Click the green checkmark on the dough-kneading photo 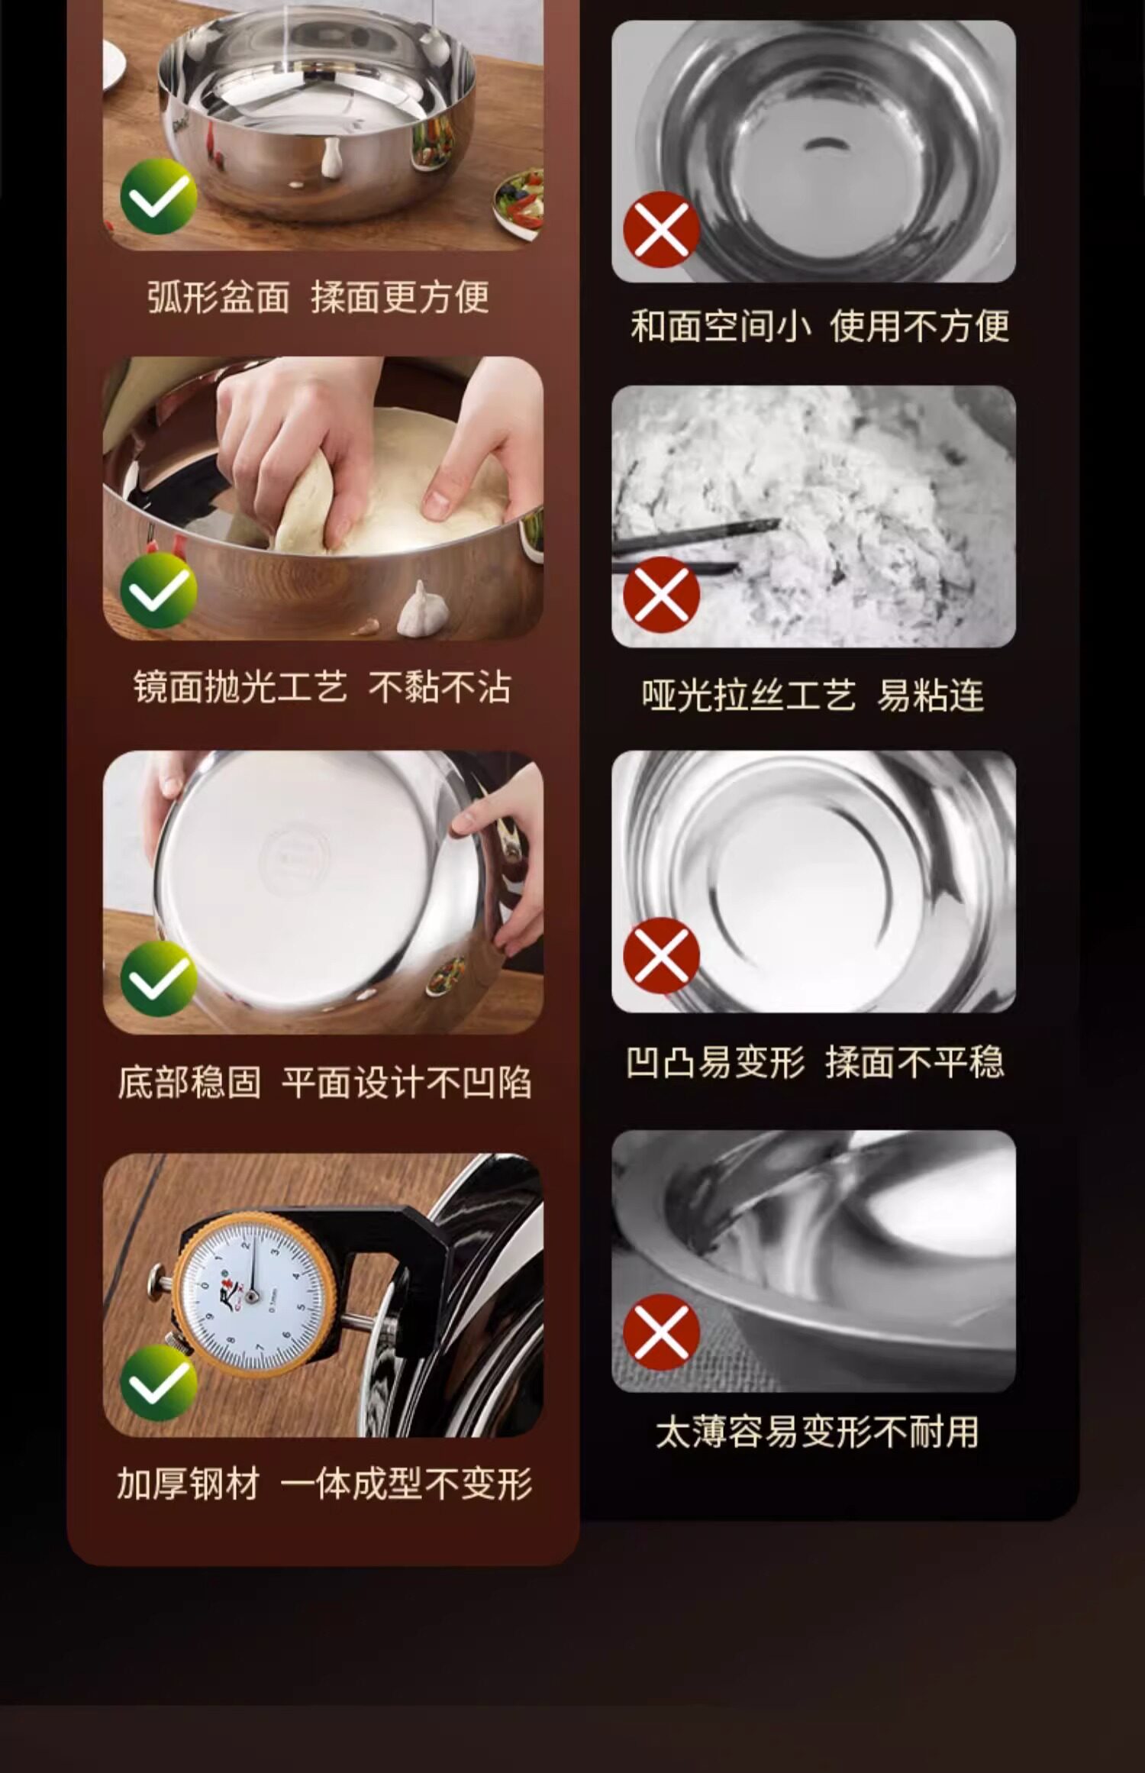(159, 590)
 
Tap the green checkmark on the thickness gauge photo (159, 1383)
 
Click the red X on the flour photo (662, 595)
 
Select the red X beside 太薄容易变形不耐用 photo (662, 1332)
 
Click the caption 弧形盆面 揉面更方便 (318, 297)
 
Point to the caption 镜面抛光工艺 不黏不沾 (322, 687)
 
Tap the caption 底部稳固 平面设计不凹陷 (324, 1082)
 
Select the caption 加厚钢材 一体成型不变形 (324, 1484)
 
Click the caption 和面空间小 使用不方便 (820, 326)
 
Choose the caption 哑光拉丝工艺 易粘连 (813, 695)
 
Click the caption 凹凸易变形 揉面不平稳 (814, 1061)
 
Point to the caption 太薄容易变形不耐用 (817, 1432)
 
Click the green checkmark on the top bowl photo (159, 195)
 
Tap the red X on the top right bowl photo (662, 229)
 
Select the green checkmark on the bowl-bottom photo (159, 979)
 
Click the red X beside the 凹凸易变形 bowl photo (662, 955)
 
